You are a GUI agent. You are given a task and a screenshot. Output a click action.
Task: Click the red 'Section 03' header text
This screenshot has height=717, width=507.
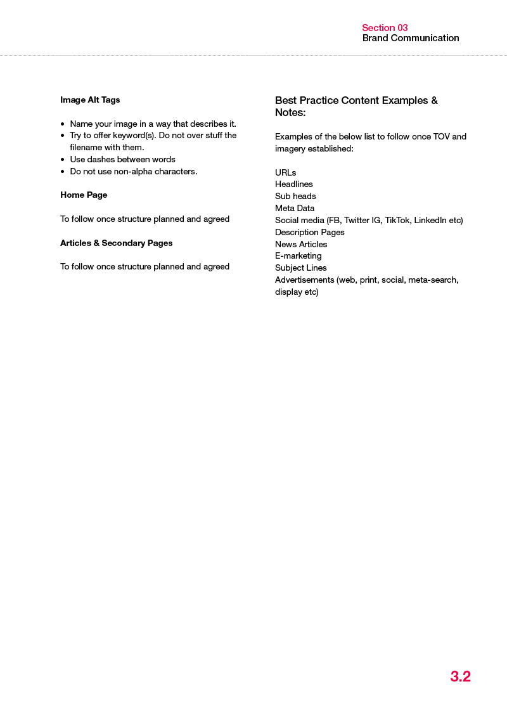tap(385, 28)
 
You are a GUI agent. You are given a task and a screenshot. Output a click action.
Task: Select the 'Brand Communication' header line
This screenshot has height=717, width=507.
tap(411, 38)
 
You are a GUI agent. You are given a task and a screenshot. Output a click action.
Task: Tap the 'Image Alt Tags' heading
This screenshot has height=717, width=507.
tap(90, 100)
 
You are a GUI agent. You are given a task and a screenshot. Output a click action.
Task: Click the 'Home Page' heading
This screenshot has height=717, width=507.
tap(84, 195)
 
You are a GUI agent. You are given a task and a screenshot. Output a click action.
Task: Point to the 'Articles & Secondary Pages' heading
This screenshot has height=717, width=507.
tap(116, 243)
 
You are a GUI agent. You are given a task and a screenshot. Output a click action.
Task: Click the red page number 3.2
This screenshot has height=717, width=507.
tap(461, 676)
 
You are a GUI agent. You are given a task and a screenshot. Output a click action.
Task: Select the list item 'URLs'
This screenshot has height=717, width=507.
tap(285, 172)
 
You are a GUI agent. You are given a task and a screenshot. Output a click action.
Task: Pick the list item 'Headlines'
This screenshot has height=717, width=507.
tap(293, 184)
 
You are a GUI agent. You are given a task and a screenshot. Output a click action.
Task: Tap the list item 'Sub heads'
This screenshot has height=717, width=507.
tap(295, 196)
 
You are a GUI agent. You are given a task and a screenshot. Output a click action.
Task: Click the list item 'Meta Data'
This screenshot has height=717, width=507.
tap(295, 208)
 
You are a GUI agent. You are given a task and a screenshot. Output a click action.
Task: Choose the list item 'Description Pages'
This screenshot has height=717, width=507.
tap(310, 232)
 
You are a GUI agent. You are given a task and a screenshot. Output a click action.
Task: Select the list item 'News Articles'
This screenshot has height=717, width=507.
tap(301, 244)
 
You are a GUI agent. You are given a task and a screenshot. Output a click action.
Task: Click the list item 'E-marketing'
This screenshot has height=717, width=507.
tap(298, 255)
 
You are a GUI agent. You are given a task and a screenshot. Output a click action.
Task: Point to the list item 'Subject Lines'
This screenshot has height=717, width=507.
tap(301, 268)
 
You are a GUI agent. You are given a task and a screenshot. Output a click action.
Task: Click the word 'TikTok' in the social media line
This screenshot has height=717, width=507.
tap(397, 220)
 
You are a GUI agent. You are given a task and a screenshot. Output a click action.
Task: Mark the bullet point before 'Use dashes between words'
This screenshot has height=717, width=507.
tap(62, 160)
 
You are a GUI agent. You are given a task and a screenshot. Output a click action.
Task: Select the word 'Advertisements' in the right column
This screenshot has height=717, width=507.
tap(304, 280)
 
